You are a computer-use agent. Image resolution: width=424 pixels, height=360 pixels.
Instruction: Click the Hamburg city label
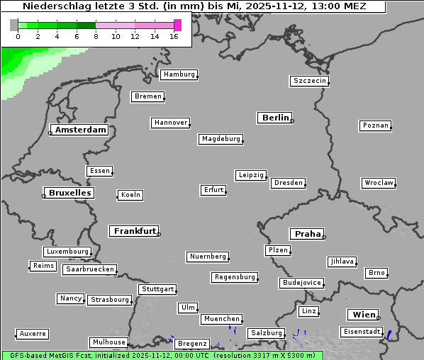pos(178,74)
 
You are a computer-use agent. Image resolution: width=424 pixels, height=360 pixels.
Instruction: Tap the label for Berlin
pos(275,118)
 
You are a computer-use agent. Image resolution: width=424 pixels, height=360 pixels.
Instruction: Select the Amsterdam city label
pos(80,130)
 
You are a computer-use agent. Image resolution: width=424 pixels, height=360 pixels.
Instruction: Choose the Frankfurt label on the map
pos(135,231)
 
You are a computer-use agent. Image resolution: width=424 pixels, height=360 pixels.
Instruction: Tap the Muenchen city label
pos(222,319)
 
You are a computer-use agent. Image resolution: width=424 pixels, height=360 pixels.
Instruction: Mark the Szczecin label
pos(310,81)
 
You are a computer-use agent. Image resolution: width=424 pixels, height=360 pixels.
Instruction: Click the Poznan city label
pos(375,125)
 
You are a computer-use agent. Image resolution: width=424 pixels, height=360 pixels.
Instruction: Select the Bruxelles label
pos(69,193)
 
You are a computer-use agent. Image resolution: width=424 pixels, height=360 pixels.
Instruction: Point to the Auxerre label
pos(33,333)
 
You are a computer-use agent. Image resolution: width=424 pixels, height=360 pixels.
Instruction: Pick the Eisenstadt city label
pos(361,332)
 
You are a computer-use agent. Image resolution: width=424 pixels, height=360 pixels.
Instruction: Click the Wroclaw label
pos(379,183)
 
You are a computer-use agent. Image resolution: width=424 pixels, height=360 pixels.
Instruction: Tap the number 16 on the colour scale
pos(174,36)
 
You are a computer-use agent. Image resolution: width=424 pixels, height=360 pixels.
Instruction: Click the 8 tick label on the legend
pos(96,36)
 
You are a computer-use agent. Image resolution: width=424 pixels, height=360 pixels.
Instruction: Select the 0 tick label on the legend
pos(18,36)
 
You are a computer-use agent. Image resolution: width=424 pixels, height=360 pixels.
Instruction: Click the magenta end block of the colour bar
pos(177,25)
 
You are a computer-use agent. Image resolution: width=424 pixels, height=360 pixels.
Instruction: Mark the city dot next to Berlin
pos(292,121)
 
